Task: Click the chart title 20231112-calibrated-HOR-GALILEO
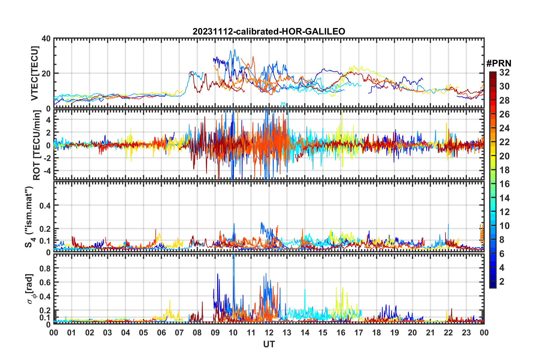point(269,31)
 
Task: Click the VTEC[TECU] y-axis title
point(35,73)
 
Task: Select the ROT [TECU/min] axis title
point(36,145)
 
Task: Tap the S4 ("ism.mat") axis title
point(29,217)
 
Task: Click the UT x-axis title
point(269,344)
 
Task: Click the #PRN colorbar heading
point(499,63)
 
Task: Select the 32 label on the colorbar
point(504,72)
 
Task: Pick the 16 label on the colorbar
point(504,184)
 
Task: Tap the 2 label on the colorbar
point(502,281)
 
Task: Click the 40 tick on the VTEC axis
point(46,38)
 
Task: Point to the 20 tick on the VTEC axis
point(46,74)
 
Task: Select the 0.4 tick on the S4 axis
point(45,205)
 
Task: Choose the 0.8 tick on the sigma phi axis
point(45,268)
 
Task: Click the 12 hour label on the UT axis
point(269,333)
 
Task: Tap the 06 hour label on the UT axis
point(161,333)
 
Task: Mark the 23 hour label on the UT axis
point(466,333)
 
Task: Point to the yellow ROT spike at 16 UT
point(342,113)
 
